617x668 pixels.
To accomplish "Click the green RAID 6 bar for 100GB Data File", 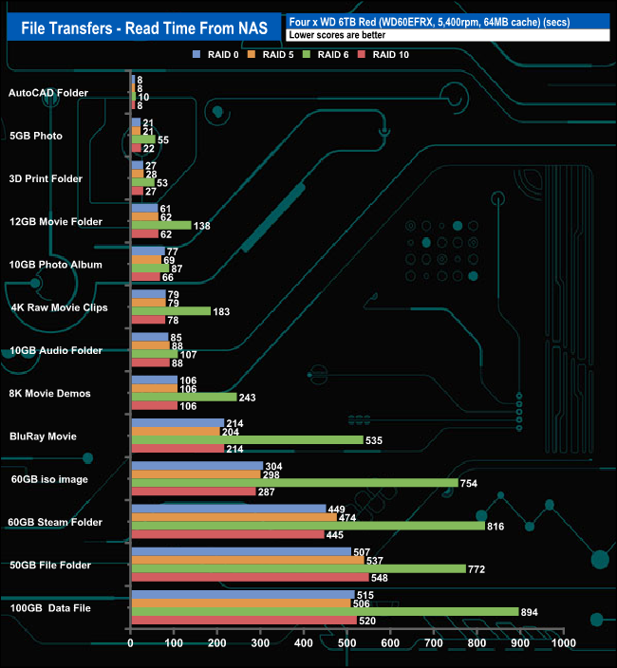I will (325, 612).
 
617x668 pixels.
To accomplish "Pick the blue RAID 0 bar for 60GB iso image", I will (196, 466).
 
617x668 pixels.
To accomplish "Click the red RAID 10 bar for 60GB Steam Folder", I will (227, 534).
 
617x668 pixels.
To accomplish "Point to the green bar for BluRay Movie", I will (247, 440).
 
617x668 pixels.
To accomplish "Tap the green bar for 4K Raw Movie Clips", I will (171, 311).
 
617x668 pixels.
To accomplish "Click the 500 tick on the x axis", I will (346, 642).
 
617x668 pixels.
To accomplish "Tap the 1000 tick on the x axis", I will (562, 642).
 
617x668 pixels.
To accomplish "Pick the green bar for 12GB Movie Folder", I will (161, 226).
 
